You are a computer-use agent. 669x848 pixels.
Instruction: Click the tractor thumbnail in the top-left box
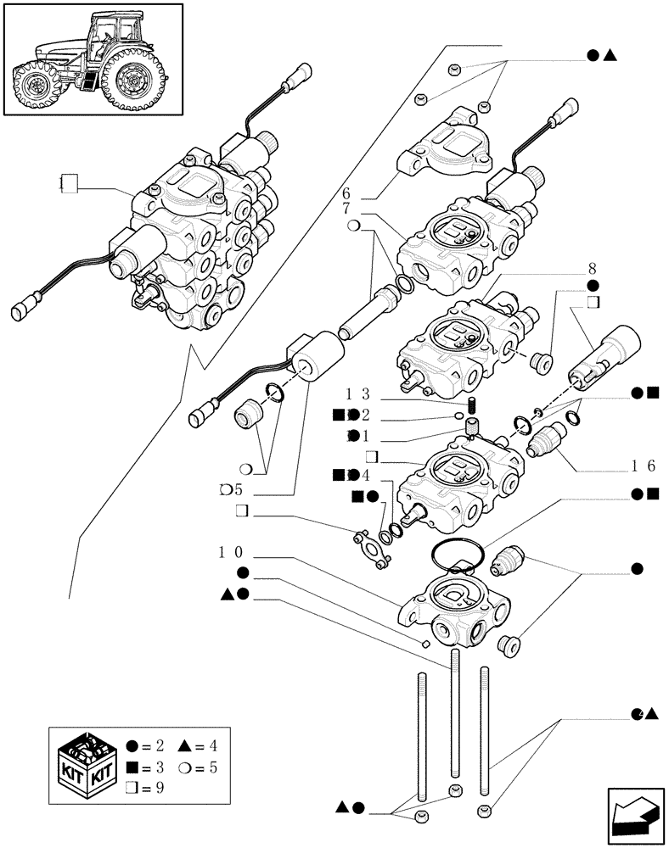(93, 59)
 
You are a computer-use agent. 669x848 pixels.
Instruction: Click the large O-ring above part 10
(459, 556)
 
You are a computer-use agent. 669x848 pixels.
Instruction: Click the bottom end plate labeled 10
(455, 607)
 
